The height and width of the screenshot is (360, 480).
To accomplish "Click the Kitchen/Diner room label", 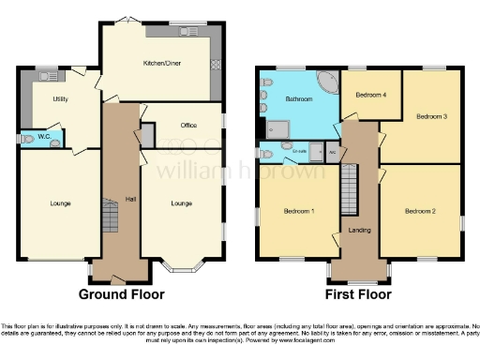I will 160,64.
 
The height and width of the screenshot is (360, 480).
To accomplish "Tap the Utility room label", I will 60,98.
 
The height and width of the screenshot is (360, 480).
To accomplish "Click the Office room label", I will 187,125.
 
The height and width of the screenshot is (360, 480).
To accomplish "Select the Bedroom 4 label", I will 373,95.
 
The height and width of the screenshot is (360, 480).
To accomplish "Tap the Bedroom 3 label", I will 431,116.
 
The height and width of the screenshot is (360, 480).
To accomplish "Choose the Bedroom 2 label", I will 420,211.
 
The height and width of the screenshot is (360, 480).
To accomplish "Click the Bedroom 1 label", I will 298,211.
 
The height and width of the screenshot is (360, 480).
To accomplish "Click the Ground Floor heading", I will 121,294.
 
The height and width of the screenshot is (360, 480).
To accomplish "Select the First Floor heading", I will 358,294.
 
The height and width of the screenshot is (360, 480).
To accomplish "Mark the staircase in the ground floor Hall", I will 110,221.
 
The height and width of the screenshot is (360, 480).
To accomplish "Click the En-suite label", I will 301,149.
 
